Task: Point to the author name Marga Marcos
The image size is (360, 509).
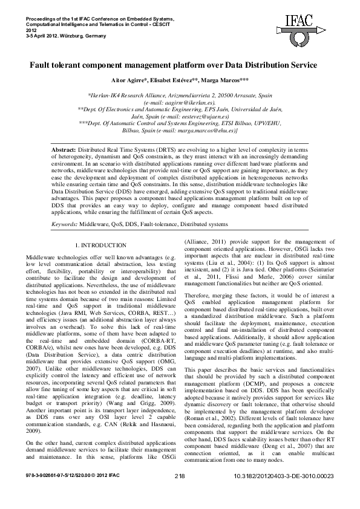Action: tap(227, 79)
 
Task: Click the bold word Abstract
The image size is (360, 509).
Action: tap(64, 148)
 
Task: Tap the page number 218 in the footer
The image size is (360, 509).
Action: tap(179, 493)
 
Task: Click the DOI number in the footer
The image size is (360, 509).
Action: tap(283, 493)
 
